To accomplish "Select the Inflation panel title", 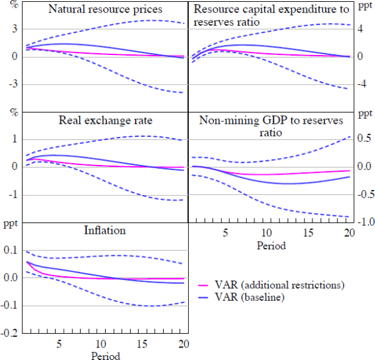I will coord(104,231).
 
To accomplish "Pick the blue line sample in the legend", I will coord(204,299).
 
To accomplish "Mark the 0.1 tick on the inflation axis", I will coord(10,250).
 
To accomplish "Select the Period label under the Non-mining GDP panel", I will coord(271,246).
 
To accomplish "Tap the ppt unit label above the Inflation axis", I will coord(10,223).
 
